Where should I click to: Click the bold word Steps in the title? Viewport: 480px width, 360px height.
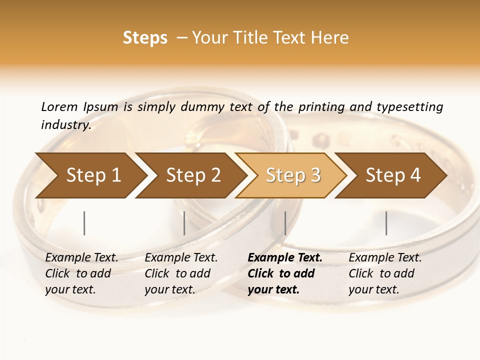[145, 38]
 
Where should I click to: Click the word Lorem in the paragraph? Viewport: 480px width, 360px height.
[59, 107]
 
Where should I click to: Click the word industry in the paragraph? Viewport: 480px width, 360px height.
[65, 125]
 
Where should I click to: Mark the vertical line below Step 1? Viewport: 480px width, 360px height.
[84, 223]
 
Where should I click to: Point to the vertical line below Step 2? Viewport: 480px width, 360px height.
[184, 223]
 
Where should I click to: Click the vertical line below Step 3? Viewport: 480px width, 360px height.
[285, 223]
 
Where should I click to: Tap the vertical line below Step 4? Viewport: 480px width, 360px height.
[386, 223]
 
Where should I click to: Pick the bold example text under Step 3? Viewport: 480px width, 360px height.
[284, 273]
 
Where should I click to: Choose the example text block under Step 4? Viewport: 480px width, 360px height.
[385, 273]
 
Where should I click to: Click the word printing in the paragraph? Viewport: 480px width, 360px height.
[321, 107]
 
